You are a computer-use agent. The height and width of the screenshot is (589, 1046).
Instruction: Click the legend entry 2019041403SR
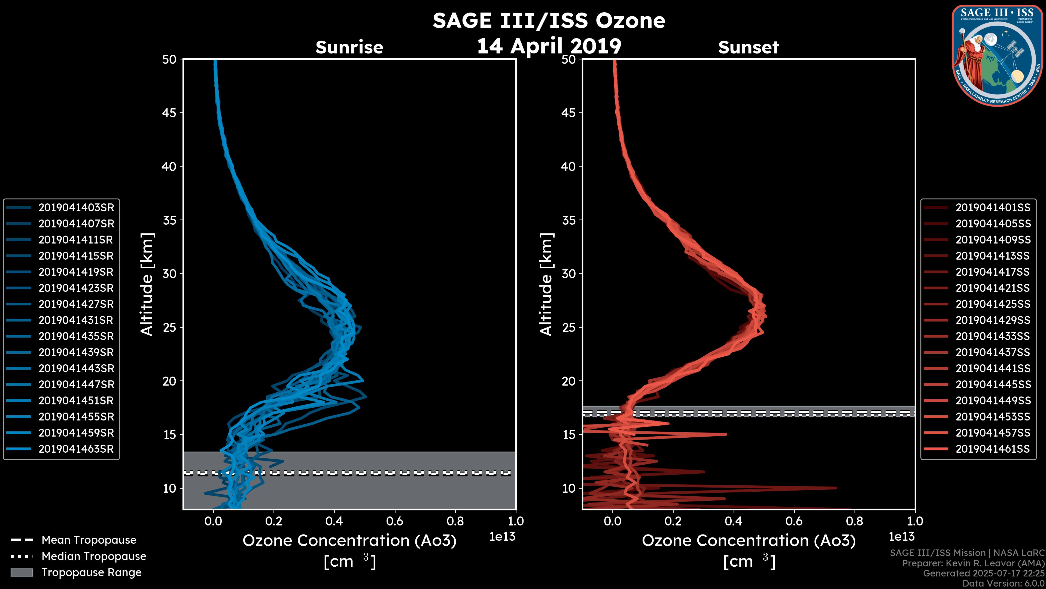(x=76, y=208)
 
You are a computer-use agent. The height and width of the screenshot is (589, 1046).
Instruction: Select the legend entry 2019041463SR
(x=76, y=449)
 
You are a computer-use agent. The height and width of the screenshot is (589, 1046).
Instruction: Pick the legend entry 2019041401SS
(x=993, y=208)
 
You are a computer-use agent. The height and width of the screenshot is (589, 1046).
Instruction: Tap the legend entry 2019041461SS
(x=993, y=449)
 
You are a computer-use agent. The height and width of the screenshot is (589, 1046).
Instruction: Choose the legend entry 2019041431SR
(x=76, y=320)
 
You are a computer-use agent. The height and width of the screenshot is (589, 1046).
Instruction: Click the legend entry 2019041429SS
(x=993, y=320)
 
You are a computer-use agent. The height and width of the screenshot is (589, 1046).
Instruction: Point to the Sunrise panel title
(x=349, y=47)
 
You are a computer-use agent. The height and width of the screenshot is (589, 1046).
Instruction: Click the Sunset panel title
(x=748, y=47)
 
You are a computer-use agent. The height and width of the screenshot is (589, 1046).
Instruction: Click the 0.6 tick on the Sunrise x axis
(x=395, y=521)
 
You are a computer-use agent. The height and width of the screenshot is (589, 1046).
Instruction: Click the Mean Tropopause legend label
(x=89, y=540)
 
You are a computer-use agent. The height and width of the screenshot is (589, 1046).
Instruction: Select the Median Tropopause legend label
(x=94, y=557)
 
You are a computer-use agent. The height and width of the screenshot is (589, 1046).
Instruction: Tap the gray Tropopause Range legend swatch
(x=22, y=573)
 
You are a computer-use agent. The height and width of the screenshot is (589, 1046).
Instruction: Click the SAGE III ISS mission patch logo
(x=997, y=56)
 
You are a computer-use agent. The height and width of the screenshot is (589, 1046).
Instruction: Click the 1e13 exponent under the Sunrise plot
(x=502, y=537)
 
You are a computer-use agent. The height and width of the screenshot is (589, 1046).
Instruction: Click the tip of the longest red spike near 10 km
(x=836, y=488)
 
